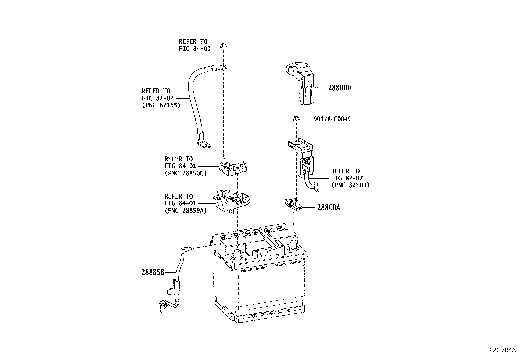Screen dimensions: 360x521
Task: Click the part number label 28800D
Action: pyautogui.click(x=340, y=88)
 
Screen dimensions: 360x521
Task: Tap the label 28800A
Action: pyautogui.click(x=328, y=208)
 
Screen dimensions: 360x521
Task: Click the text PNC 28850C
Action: pyautogui.click(x=185, y=173)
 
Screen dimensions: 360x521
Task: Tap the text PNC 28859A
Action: pyautogui.click(x=185, y=211)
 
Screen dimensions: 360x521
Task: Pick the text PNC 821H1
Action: pyautogui.click(x=350, y=185)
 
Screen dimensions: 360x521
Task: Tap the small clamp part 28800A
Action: pyautogui.click(x=293, y=204)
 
